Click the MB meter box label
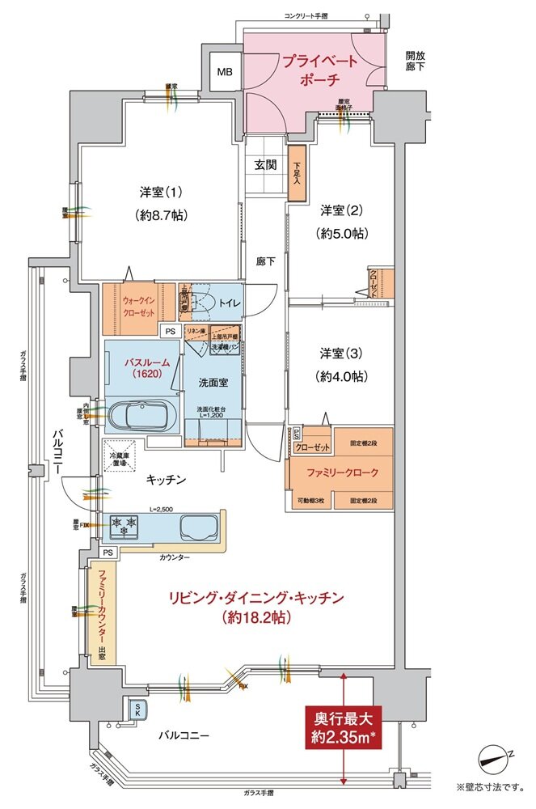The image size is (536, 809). click(x=224, y=72)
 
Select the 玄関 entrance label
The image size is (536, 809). click(x=266, y=165)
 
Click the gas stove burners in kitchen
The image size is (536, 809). click(x=125, y=527)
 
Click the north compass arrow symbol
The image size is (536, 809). click(x=496, y=756)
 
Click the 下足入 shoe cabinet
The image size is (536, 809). click(x=297, y=172)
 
